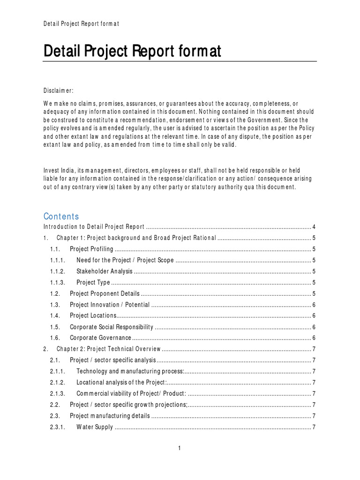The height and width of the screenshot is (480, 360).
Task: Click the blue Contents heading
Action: pos(61,216)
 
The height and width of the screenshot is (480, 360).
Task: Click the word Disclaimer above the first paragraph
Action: pos(58,90)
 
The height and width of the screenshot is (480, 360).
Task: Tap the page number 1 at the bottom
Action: pos(180,449)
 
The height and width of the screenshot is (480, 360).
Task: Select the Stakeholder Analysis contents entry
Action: pos(105,271)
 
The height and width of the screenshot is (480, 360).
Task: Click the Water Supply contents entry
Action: pos(95,427)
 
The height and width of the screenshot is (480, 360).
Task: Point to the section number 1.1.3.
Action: pos(58,283)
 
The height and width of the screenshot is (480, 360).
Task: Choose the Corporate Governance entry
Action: pos(100,338)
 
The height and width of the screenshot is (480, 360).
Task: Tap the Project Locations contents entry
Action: pos(93,315)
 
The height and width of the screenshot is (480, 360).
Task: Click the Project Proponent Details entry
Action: pos(105,294)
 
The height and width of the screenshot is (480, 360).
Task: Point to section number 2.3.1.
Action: pos(58,427)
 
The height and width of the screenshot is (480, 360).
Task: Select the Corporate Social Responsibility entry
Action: pos(111,327)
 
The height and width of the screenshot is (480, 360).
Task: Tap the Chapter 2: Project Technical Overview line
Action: pos(109,349)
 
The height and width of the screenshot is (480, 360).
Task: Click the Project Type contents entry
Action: pos(93,283)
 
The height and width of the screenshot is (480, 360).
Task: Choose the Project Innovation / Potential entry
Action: pos(110,305)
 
